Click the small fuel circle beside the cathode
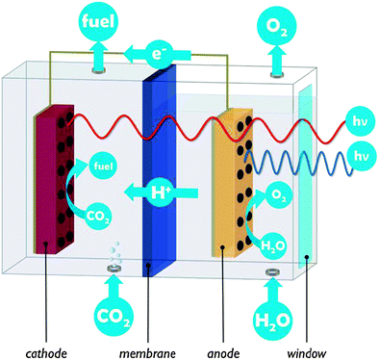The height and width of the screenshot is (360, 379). click(98, 165)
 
